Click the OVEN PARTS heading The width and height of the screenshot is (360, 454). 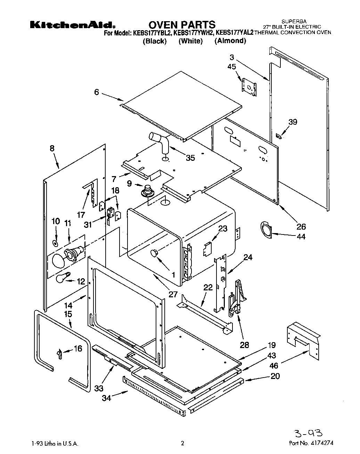[182, 25]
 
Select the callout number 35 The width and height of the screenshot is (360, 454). [190, 158]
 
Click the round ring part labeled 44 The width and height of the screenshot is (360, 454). [267, 231]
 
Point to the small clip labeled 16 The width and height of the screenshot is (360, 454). [59, 353]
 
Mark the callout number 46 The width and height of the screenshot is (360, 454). [274, 366]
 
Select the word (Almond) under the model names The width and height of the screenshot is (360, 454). [230, 41]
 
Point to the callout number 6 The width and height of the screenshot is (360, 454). [96, 92]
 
